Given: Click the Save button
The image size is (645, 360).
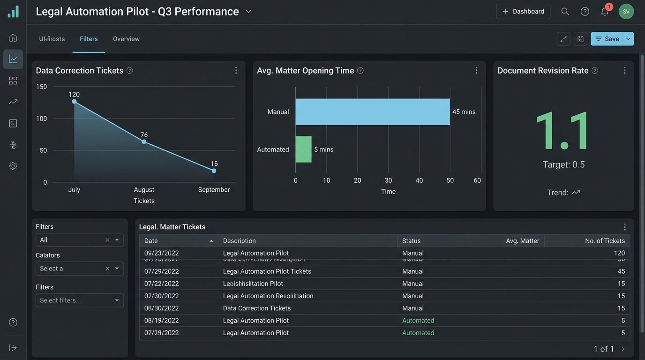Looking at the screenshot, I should [607, 39].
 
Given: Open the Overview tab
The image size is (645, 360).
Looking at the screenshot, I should [126, 39].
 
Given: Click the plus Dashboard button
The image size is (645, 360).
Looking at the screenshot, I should [523, 11].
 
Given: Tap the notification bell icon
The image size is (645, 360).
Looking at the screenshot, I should [605, 12].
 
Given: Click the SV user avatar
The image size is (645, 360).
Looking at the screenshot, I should [626, 11].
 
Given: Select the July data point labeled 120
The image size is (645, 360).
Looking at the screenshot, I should [74, 101].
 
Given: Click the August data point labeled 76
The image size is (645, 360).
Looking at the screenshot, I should [144, 142].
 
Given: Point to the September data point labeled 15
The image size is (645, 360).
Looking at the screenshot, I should [214, 171].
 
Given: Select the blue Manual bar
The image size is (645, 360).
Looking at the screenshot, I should [372, 112].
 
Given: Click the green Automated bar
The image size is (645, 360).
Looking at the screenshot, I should [303, 150].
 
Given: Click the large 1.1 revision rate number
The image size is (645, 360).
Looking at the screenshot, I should [563, 131].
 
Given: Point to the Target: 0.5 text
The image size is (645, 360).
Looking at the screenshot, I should [563, 165].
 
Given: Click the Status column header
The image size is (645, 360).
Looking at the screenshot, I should [411, 241].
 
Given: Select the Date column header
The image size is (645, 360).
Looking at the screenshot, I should [151, 241].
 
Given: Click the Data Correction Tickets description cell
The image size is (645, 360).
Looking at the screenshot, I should [256, 308].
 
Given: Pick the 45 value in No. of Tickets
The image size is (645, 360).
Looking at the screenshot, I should [621, 271].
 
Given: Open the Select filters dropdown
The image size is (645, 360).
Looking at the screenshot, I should [80, 300].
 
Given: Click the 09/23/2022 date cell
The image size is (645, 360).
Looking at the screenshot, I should [161, 253].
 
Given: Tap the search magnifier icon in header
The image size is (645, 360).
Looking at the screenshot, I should [565, 12].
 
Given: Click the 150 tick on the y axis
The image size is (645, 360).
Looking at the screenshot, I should [42, 87].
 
